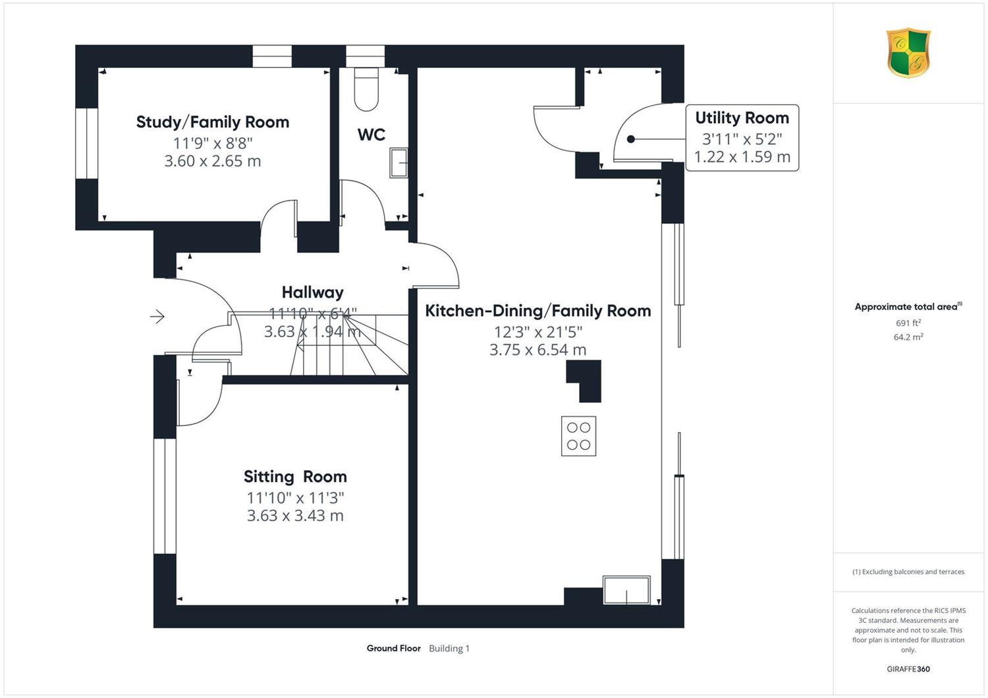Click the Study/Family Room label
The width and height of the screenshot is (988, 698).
[x=212, y=122]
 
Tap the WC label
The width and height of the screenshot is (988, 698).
[x=371, y=135]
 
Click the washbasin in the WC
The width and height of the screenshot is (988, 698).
[x=398, y=163]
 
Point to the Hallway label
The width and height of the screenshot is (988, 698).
[x=312, y=292]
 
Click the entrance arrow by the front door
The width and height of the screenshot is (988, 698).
[x=157, y=317]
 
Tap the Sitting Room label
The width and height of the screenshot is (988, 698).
[x=294, y=477]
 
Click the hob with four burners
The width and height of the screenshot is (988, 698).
[x=578, y=436]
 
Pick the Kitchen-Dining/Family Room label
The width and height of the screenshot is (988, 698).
[x=537, y=311]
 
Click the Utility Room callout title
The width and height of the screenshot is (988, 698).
[x=742, y=118]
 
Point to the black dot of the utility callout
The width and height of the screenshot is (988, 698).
[x=630, y=139]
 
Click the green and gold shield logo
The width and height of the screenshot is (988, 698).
[x=908, y=53]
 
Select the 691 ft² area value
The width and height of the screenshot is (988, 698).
[x=908, y=323]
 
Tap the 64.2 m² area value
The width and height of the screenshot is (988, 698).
[x=908, y=337]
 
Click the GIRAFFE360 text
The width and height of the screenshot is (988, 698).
[x=908, y=669]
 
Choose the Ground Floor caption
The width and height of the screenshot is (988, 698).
[x=393, y=649]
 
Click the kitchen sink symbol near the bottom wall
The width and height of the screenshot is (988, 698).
[x=626, y=590]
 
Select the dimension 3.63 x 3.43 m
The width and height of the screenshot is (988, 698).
[x=294, y=516]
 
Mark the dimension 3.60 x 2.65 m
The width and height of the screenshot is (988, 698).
[x=212, y=161]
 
